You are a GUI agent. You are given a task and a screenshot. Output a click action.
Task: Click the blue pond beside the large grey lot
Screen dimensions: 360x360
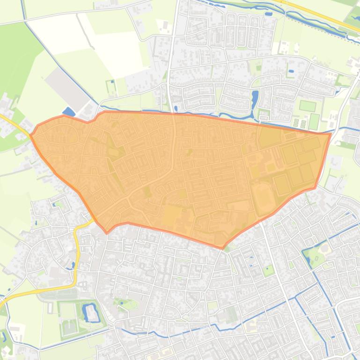click(68, 112)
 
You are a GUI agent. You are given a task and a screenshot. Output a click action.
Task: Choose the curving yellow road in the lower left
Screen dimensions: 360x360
click(76, 252)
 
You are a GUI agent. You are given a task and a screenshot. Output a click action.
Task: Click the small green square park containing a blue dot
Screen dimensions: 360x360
click(268, 270)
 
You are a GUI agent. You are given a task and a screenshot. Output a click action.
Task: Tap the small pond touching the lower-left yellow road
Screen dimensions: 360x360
click(73, 266)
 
